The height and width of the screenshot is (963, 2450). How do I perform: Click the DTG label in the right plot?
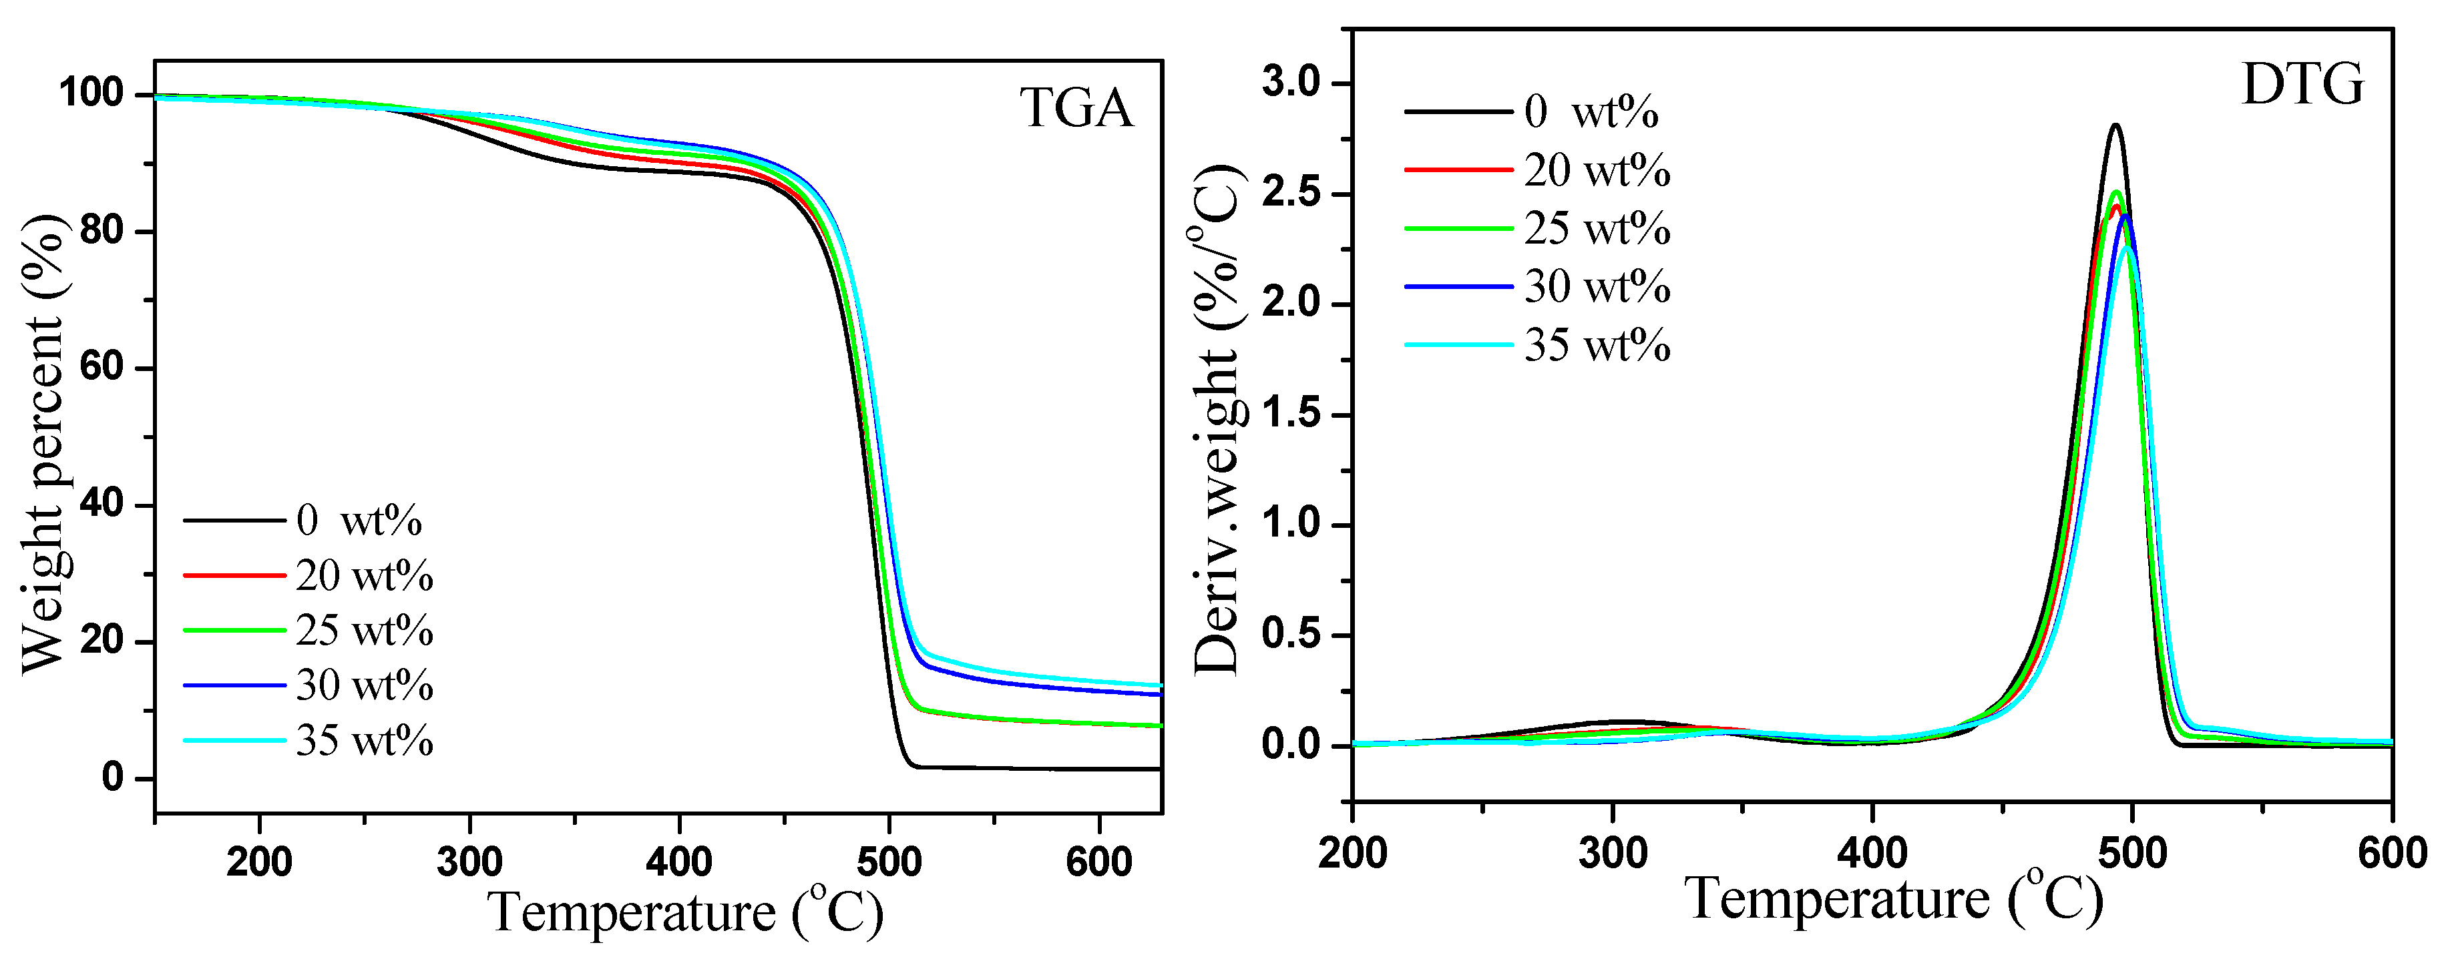click(x=2302, y=85)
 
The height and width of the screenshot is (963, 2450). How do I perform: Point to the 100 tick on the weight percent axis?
click(x=91, y=93)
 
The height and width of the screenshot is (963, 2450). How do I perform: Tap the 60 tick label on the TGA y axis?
click(x=101, y=367)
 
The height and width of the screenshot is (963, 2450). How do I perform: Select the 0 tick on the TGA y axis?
click(x=113, y=777)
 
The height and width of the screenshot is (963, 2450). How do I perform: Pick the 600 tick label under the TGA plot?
click(x=1098, y=862)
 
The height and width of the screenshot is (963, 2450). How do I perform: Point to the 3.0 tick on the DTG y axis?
click(x=1291, y=83)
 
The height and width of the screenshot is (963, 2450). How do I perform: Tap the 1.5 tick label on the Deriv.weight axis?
click(x=1291, y=414)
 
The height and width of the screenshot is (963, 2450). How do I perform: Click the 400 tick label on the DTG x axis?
click(x=1872, y=853)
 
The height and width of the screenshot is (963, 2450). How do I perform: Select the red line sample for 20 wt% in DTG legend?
click(x=1458, y=170)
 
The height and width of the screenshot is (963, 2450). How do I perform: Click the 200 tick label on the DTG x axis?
click(x=1352, y=853)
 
